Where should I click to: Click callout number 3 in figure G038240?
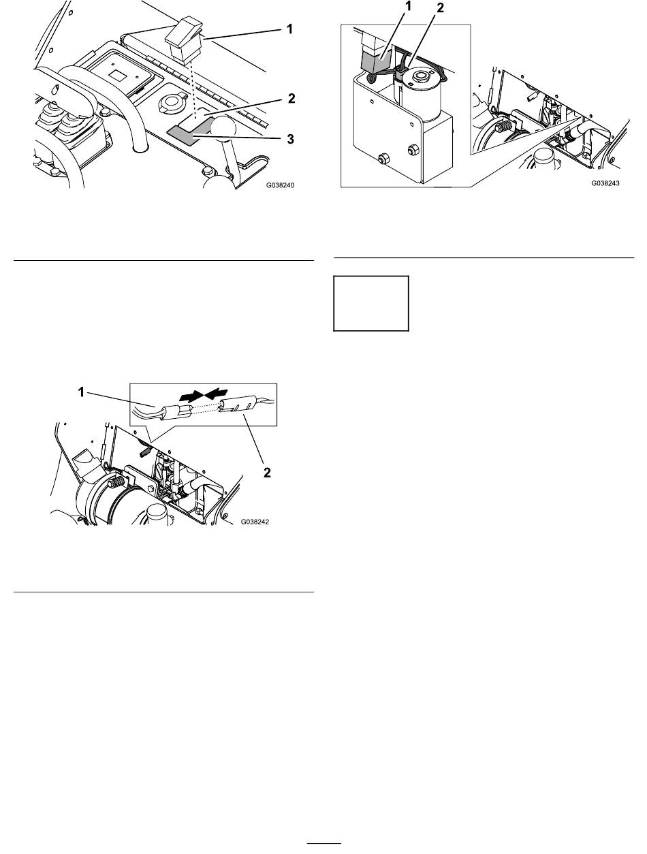290,139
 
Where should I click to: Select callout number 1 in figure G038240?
289,29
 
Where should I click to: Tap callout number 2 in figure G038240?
291,99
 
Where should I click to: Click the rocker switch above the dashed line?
184,39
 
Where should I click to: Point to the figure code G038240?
280,185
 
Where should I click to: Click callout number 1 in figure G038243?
407,7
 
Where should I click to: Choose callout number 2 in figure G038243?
440,7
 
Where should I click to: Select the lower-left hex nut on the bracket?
383,158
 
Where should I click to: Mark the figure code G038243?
605,183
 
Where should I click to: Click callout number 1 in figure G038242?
81,392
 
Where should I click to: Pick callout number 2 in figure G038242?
267,473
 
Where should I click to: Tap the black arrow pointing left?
216,395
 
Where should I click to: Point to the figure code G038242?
255,522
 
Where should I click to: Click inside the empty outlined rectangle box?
370,304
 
